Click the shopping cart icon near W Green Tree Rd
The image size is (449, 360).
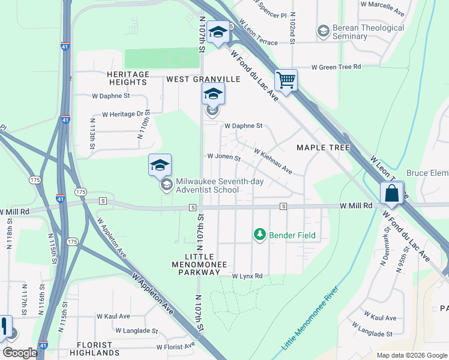click(286, 80)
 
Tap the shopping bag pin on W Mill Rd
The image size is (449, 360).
click(391, 193)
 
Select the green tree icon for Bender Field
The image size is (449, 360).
click(259, 234)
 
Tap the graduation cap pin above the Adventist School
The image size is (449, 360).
click(160, 166)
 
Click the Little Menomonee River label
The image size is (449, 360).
click(310, 319)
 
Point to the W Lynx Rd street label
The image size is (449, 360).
click(247, 276)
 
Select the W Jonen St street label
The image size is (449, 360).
click(223, 157)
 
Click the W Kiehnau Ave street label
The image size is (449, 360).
click(273, 162)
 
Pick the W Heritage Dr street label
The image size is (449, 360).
click(122, 113)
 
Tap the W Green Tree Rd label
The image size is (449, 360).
click(336, 67)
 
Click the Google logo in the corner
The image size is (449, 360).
click(20, 353)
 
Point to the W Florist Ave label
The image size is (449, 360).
click(176, 346)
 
